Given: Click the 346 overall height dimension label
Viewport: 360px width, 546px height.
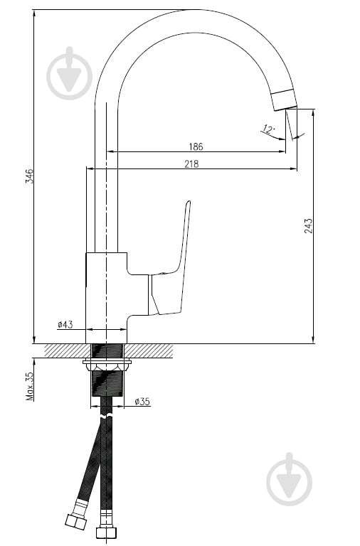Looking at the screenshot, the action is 31,176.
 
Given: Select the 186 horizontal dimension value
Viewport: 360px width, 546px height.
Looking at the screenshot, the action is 196,146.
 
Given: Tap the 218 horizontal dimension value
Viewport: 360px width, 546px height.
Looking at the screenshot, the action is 191,164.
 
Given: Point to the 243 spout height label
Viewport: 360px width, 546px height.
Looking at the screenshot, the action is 308,225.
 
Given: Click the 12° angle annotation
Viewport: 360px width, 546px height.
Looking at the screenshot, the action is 269,129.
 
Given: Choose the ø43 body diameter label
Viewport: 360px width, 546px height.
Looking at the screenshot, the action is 65,324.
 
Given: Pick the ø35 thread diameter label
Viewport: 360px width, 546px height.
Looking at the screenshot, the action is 142,402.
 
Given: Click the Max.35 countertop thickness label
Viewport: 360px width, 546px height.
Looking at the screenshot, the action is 30,386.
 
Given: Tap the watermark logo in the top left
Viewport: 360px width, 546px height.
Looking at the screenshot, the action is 69,73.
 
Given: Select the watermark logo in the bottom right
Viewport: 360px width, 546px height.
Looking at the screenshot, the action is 290,480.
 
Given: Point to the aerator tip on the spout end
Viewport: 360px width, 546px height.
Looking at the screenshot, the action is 285,100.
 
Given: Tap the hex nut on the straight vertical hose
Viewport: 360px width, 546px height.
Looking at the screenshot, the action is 106,532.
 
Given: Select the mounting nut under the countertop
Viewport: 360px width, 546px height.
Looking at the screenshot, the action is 107,366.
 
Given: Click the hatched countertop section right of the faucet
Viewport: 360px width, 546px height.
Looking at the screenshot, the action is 150,350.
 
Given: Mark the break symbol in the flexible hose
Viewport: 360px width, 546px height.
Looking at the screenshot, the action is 106,417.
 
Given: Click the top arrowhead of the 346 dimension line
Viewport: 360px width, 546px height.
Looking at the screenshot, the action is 34,14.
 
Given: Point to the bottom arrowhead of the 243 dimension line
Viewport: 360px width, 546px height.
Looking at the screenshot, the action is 313,340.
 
